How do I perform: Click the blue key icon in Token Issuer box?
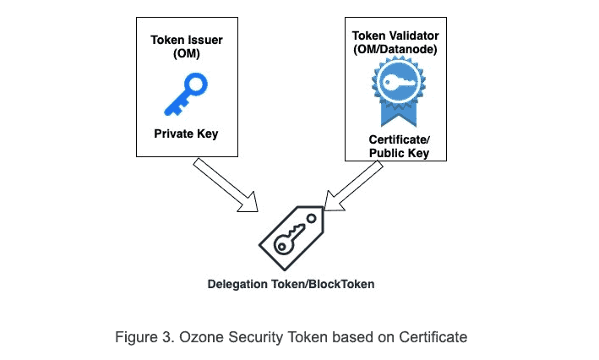[x=185, y=94]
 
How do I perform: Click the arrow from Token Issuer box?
[x=226, y=185]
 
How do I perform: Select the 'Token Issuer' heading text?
[x=186, y=40]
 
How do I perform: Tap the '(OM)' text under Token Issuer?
[x=186, y=53]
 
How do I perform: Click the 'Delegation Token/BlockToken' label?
[x=291, y=285]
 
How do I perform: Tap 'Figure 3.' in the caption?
[x=140, y=337]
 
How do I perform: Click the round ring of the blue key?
[x=196, y=83]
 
